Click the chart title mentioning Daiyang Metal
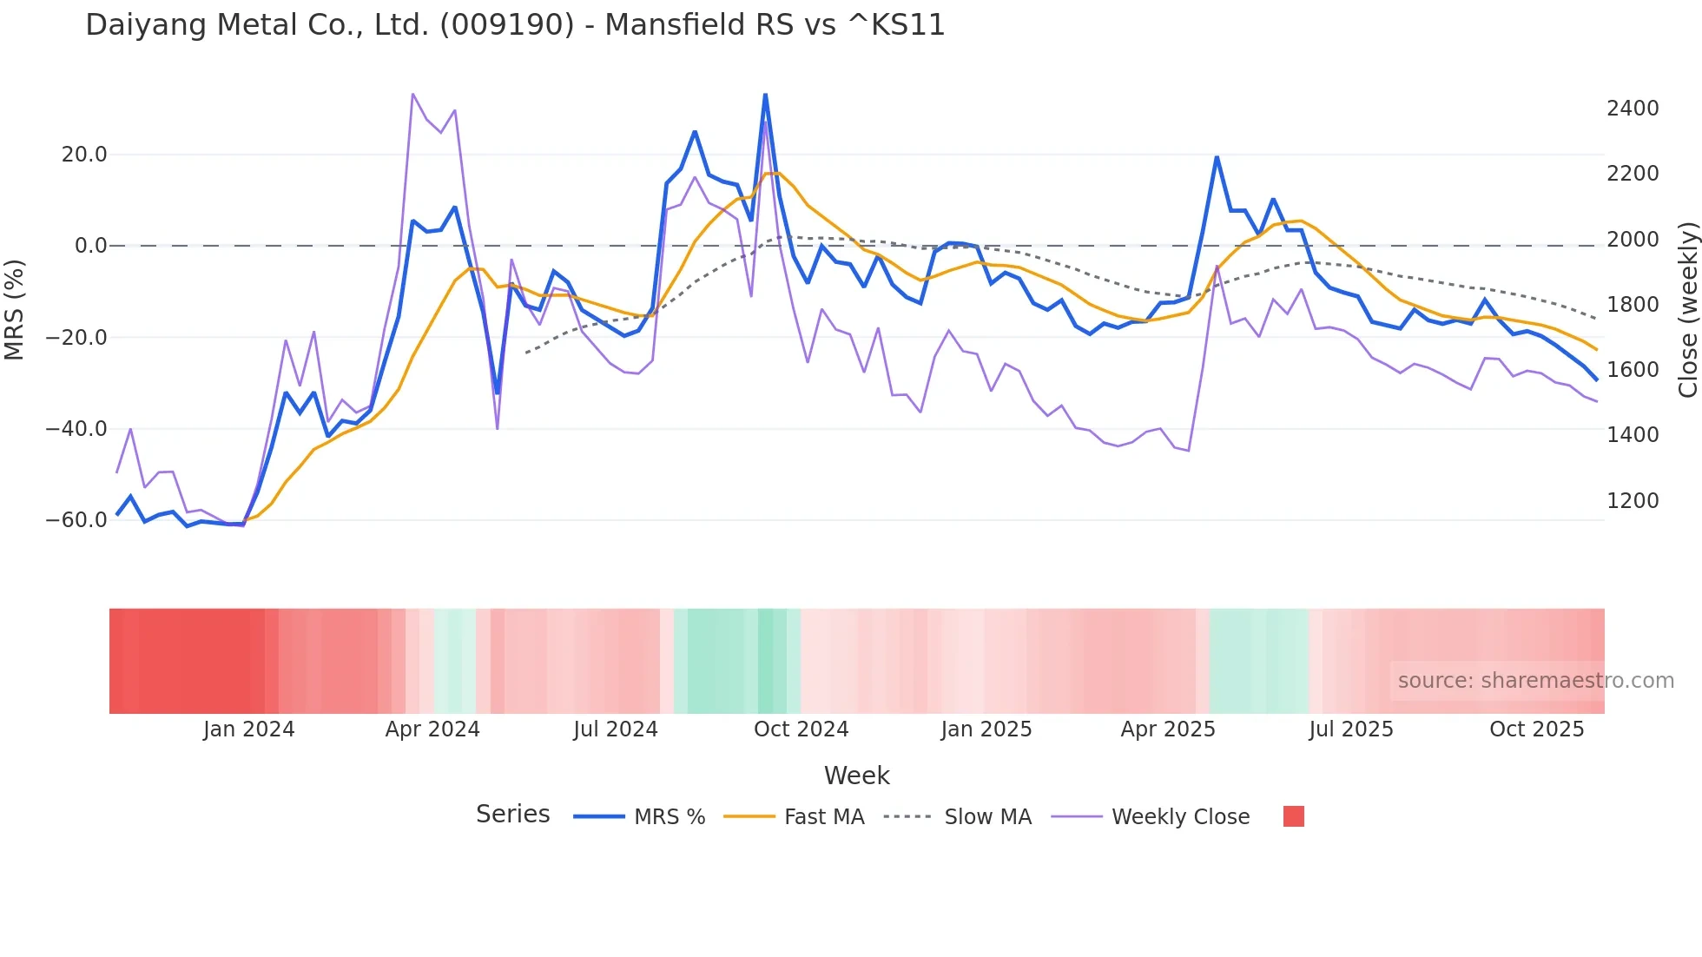[515, 25]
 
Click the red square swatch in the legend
[1293, 816]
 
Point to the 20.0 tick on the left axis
[84, 155]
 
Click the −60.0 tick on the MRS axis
[76, 520]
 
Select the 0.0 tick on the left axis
[90, 246]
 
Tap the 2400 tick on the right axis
[1633, 109]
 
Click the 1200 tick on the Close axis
[1633, 501]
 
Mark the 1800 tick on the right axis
[1633, 305]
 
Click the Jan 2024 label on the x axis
[249, 729]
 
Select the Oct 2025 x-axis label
[1536, 729]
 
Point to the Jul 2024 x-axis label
[616, 729]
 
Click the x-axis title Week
[856, 775]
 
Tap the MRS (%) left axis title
[15, 310]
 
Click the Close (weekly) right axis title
[1687, 310]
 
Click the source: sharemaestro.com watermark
[1535, 681]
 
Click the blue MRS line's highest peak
[765, 95]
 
